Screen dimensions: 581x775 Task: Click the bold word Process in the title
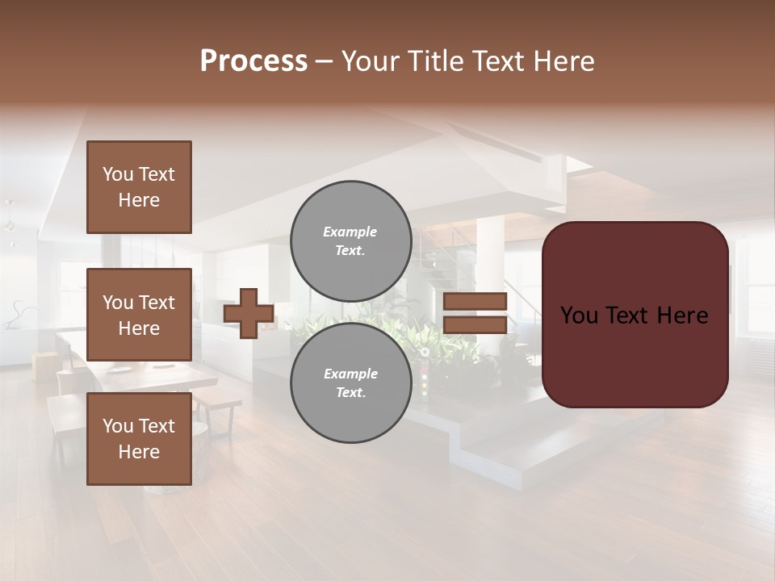[253, 61]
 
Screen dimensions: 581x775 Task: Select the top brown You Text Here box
[139, 187]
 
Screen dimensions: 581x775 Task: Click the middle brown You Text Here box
[139, 315]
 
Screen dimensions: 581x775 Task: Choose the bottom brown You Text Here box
[139, 439]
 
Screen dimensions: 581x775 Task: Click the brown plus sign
[249, 313]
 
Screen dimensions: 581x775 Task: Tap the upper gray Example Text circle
[350, 241]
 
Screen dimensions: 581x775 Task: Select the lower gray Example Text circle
[350, 383]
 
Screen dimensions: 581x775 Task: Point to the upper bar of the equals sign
[475, 302]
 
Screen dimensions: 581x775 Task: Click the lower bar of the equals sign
[475, 325]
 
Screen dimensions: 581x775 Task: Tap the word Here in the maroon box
[681, 316]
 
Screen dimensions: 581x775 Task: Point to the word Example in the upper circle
[350, 232]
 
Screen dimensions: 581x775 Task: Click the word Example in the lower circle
[350, 374]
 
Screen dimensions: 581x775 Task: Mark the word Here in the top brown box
[139, 200]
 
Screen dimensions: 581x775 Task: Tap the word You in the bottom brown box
[118, 426]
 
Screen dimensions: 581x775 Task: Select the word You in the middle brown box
[118, 303]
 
